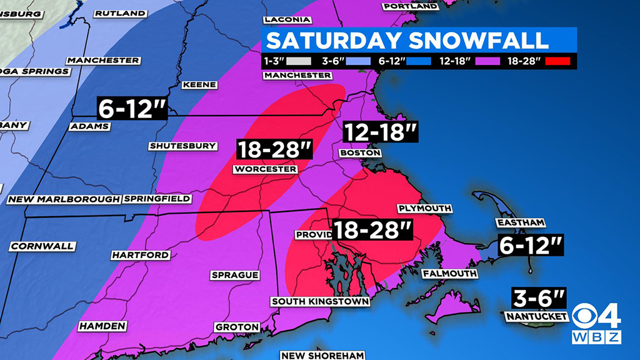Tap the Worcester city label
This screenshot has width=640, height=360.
click(264, 169)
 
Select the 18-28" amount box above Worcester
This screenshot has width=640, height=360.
click(274, 150)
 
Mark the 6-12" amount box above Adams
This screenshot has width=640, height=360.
click(132, 108)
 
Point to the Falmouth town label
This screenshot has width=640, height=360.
click(449, 274)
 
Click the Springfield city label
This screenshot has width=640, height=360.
click(157, 199)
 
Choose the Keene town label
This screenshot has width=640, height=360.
click(199, 85)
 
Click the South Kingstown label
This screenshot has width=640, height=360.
click(320, 302)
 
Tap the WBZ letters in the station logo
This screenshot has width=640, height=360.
click(597, 337)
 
